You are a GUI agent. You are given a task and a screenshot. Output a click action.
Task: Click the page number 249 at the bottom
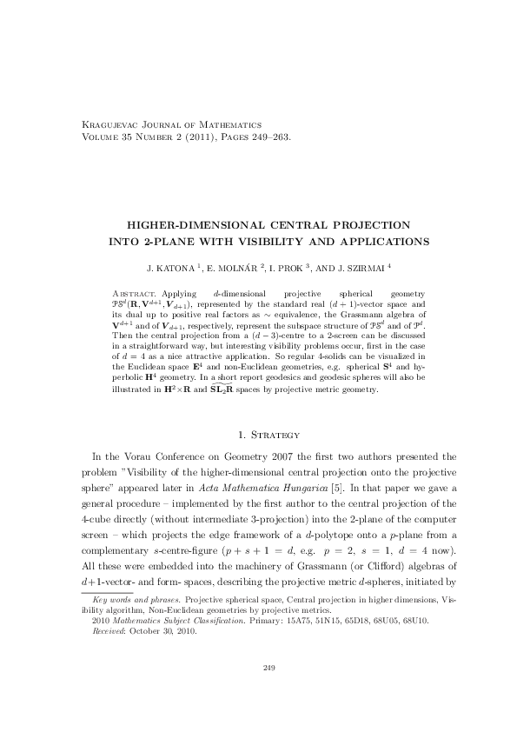[x=268, y=692]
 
